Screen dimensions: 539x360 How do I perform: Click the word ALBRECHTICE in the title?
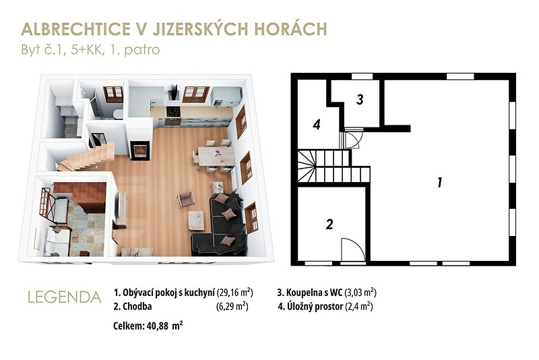pyautogui.click(x=75, y=29)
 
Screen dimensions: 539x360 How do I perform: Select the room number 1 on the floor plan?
pyautogui.click(x=439, y=182)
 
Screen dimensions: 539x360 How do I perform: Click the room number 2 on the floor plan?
pyautogui.click(x=329, y=224)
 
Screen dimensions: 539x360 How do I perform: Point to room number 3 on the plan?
pyautogui.click(x=360, y=99)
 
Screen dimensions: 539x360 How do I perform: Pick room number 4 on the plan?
pyautogui.click(x=317, y=124)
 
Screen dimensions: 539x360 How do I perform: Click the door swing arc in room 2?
pyautogui.click(x=358, y=247)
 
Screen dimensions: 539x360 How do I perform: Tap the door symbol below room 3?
pyautogui.click(x=352, y=138)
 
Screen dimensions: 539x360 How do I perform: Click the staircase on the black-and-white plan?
pyautogui.click(x=334, y=167)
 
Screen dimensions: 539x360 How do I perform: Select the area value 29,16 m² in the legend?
pyautogui.click(x=235, y=293)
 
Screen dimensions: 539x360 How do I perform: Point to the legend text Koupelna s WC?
pyautogui.click(x=310, y=293)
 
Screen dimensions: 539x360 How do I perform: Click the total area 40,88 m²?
pyautogui.click(x=164, y=326)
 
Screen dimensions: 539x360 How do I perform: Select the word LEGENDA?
pyautogui.click(x=65, y=297)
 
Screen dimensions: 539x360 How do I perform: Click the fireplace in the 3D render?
pyautogui.click(x=141, y=151)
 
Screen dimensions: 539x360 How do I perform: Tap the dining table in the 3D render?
pyautogui.click(x=216, y=156)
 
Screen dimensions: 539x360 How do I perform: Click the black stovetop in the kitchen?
pyautogui.click(x=174, y=112)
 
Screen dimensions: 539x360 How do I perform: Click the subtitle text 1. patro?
pyautogui.click(x=135, y=50)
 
